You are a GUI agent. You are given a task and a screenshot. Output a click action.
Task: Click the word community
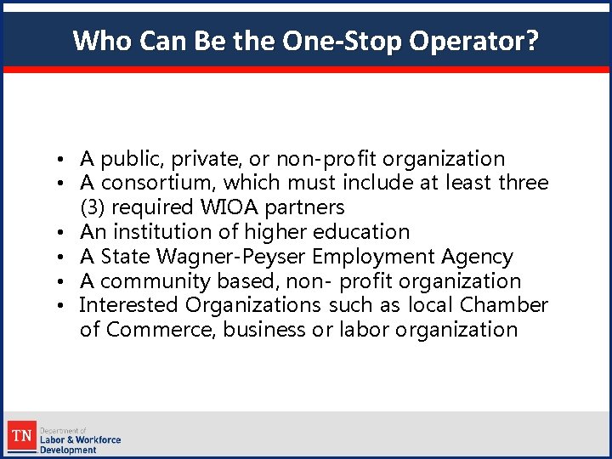pyautogui.click(x=156, y=281)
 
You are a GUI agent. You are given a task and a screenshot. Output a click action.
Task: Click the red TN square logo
pyautogui.click(x=22, y=438)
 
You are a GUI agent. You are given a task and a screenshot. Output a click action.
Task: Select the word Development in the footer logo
pyautogui.click(x=68, y=450)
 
